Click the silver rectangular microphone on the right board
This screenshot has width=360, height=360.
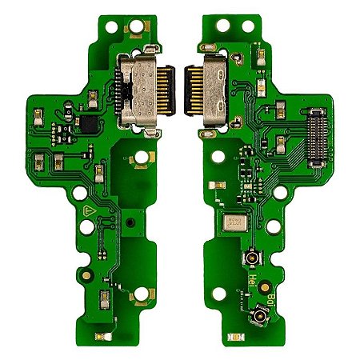click(236, 224)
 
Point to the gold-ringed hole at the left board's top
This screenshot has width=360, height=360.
click(132, 25)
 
